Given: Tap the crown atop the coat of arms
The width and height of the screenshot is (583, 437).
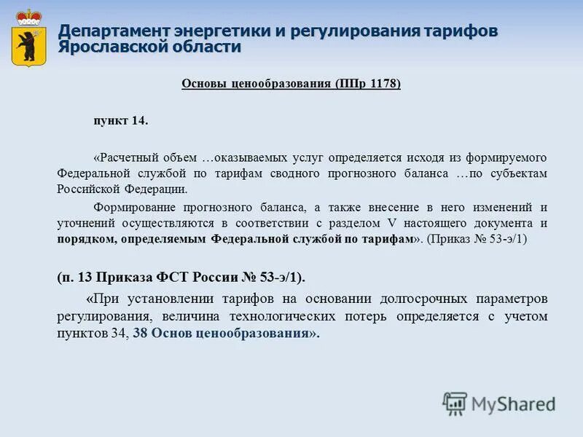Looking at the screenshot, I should click(29, 16).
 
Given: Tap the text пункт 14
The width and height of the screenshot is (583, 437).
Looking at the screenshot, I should click(120, 121).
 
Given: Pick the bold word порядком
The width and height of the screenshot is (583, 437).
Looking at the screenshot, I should click(85, 239).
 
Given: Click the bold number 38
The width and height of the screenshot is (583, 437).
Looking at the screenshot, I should click(141, 334).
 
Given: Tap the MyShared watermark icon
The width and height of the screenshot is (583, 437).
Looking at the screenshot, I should click(455, 403).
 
